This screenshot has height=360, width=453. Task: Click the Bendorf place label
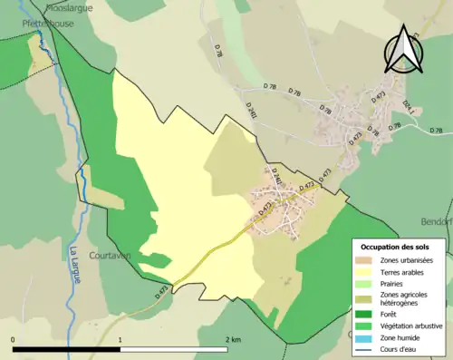pyautogui.click(x=436, y=221)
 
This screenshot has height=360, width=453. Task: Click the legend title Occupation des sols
pyautogui.click(x=395, y=247)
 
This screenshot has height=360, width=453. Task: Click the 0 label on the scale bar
pyautogui.click(x=14, y=339)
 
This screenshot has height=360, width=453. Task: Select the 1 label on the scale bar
pyautogui.click(x=120, y=339)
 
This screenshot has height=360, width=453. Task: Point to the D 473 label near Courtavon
pyautogui.click(x=164, y=290)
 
